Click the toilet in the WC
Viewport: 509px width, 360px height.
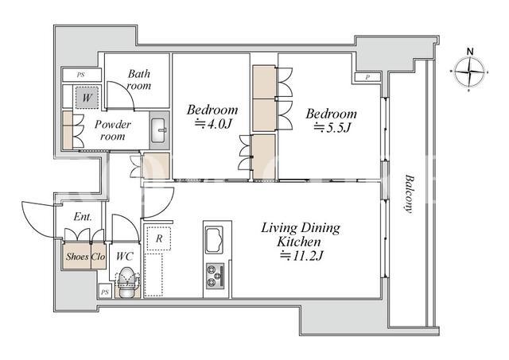click(126, 282)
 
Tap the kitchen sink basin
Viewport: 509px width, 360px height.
click(214, 240)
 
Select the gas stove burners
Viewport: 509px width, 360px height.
click(215, 276)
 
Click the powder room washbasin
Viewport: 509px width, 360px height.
click(159, 130)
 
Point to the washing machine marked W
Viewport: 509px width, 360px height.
click(87, 97)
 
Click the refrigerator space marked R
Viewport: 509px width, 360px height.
click(159, 238)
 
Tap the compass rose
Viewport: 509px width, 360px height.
click(469, 72)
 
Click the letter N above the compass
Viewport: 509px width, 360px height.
click(470, 51)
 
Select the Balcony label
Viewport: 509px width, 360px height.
click(410, 194)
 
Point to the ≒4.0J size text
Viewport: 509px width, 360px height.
click(213, 124)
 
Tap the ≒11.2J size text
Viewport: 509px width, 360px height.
click(301, 256)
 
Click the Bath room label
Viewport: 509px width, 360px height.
click(139, 79)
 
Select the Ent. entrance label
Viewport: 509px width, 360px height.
click(83, 217)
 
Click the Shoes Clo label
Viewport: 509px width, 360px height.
click(85, 257)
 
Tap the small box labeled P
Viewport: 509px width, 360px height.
click(367, 77)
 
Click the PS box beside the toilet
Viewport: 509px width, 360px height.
click(104, 292)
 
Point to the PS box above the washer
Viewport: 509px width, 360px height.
click(81, 75)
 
